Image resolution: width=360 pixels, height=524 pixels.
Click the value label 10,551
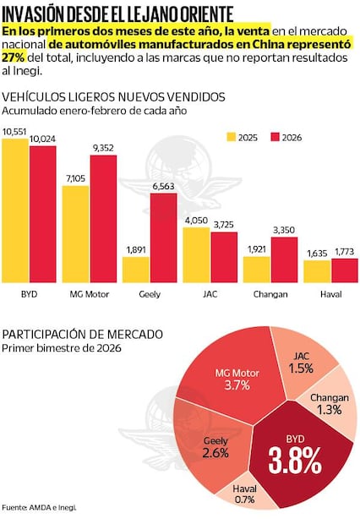tap(15, 132)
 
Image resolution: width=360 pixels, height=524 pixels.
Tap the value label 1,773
tap(345, 252)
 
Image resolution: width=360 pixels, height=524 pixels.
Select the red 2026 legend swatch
tap(275, 137)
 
